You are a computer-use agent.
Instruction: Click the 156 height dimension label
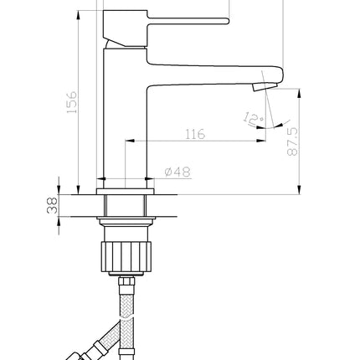72,102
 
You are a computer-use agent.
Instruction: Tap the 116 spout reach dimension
195,134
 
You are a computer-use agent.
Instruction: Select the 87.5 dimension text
292,141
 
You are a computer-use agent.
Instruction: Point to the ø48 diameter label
177,172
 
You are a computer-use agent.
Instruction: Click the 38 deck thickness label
52,205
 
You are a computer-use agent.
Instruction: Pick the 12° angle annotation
253,119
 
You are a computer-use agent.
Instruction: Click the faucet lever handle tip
227,21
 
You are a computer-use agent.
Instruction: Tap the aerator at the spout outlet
265,87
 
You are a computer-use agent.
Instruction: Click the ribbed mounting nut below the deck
126,257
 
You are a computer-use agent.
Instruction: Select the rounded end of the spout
280,75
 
